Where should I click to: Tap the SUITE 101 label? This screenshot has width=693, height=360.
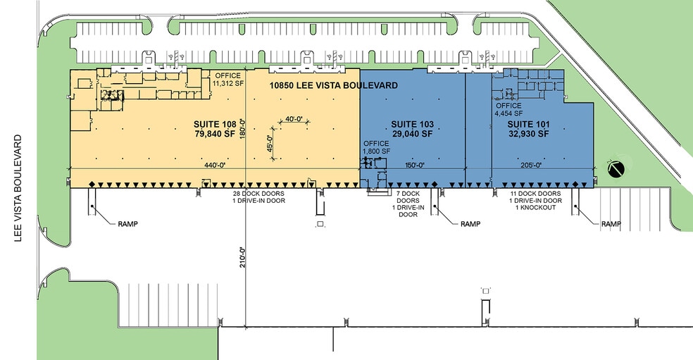(x=527, y=124)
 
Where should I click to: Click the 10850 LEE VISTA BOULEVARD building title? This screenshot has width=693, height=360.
(x=334, y=85)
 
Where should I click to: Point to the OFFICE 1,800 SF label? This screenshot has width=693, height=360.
(x=377, y=147)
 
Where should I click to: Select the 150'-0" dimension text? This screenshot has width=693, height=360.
(x=414, y=166)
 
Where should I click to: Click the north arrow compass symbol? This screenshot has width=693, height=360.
(x=615, y=168)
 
